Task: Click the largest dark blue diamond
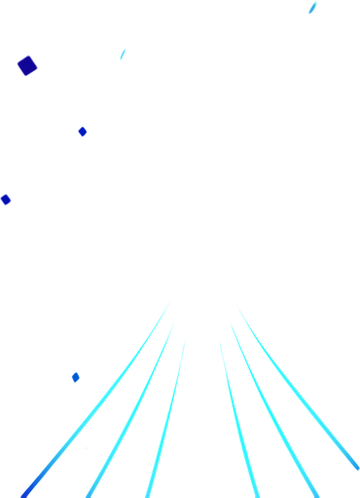pos(27,66)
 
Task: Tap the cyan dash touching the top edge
pos(312,8)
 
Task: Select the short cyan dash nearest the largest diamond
pos(123,53)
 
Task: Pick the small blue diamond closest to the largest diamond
pos(83,131)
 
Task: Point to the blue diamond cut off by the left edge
pos(5,199)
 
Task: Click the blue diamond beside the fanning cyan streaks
pos(75,377)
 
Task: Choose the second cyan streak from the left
pos(136,409)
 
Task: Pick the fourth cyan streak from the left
pos(236,418)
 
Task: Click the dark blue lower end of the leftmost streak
pos(29,486)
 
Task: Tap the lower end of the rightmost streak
pos(356,469)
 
